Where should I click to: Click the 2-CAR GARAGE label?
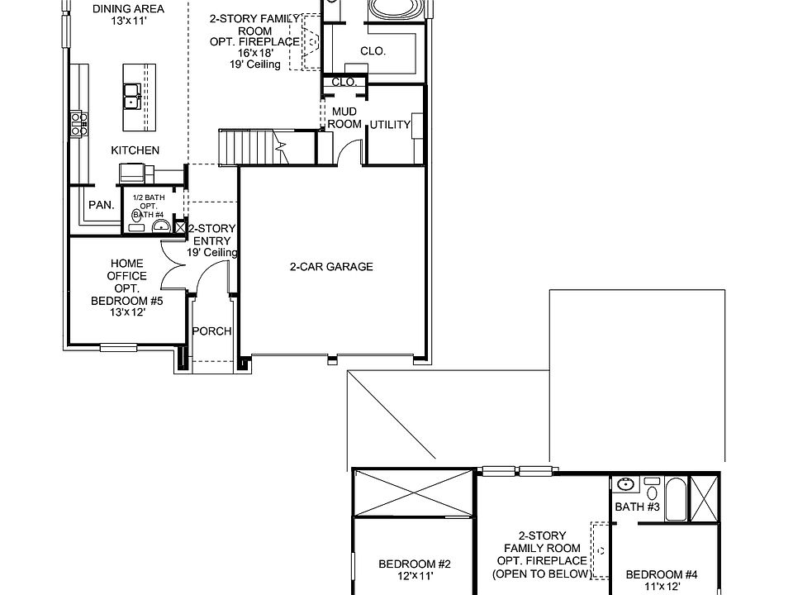330,267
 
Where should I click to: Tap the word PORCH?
211,331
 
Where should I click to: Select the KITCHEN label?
135,150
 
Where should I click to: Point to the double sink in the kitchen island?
131,98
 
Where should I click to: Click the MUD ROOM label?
344,117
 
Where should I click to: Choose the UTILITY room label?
390,125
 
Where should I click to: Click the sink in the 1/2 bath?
161,225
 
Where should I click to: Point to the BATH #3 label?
637,507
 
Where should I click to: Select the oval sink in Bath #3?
624,484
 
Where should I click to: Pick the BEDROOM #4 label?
662,575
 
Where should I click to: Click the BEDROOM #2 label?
415,564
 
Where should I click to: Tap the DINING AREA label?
127,9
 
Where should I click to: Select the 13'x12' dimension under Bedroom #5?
126,313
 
